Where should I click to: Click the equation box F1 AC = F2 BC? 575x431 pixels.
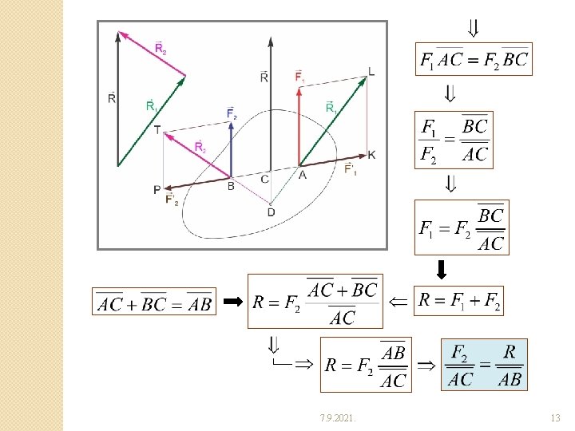[474, 59]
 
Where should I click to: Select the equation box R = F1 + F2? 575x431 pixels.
[459, 301]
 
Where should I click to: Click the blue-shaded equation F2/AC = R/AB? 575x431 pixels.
[484, 365]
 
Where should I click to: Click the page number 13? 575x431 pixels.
[556, 418]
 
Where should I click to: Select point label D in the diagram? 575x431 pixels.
[271, 212]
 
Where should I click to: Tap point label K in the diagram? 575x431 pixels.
[371, 154]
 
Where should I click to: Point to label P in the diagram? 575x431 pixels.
[157, 189]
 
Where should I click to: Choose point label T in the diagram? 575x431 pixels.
[157, 129]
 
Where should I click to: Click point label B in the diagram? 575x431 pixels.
[231, 186]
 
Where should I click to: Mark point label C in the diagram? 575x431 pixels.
[265, 178]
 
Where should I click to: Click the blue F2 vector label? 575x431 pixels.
[232, 114]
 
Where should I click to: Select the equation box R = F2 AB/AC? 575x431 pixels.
[366, 365]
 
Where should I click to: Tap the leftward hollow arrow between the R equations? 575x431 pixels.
[398, 302]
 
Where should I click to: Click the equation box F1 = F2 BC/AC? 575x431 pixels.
[461, 227]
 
